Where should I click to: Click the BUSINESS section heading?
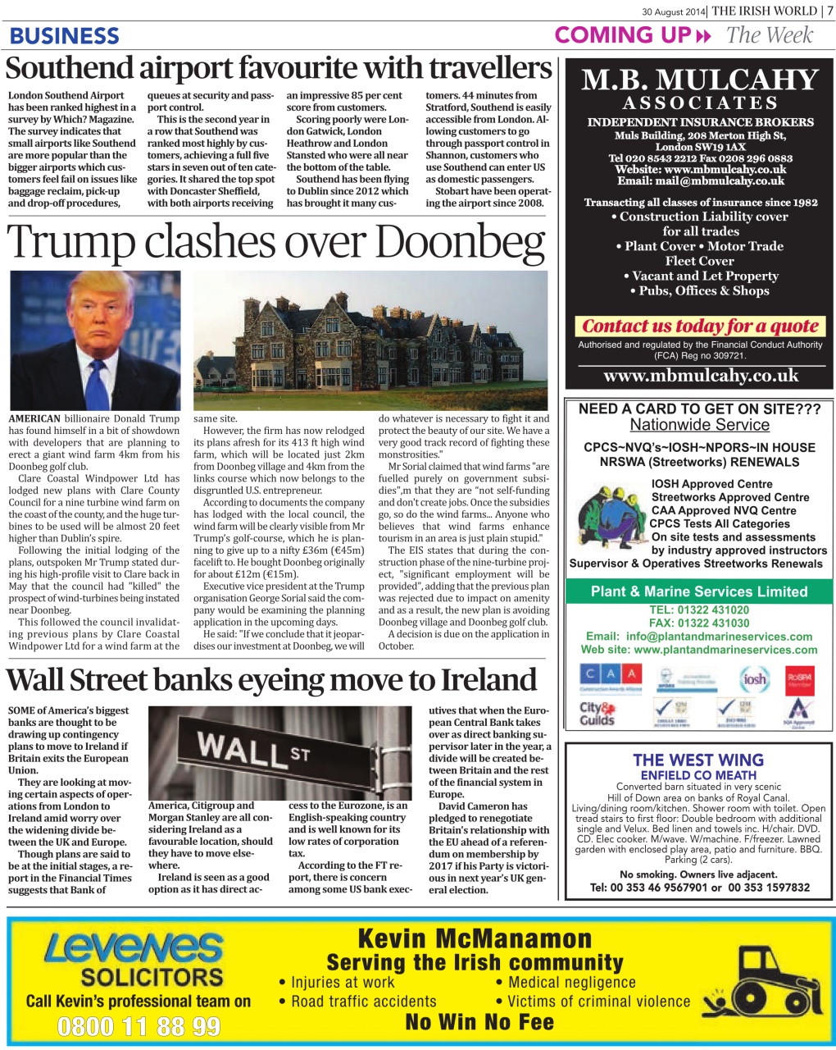[x=64, y=36]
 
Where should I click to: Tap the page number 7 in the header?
[x=829, y=11]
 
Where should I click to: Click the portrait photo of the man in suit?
[x=95, y=340]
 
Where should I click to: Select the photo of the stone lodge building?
[x=370, y=340]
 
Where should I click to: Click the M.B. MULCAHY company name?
[x=699, y=80]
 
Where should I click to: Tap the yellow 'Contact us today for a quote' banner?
[x=700, y=326]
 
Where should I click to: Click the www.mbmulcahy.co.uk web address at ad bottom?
[x=700, y=376]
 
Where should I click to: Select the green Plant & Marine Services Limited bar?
[x=699, y=591]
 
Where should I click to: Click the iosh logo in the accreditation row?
[x=753, y=678]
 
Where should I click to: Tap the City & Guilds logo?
[x=597, y=713]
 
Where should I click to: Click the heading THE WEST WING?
[x=698, y=760]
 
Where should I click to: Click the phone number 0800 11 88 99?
[x=139, y=1026]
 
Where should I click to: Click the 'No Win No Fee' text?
[x=479, y=1022]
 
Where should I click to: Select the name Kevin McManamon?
[x=475, y=938]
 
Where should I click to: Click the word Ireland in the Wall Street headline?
[x=488, y=681]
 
